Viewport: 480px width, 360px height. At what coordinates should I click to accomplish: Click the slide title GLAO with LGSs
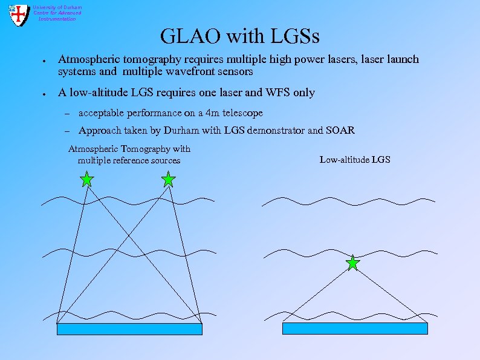[240, 36]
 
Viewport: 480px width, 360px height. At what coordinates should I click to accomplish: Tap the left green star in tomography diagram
[87, 179]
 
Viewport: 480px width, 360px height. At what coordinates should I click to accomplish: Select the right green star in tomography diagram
[169, 179]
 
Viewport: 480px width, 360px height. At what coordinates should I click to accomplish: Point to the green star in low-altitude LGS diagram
[352, 263]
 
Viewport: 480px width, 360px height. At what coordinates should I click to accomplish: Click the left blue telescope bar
[129, 329]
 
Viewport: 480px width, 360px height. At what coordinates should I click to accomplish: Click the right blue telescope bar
[355, 329]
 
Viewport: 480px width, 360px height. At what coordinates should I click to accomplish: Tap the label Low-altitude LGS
[355, 160]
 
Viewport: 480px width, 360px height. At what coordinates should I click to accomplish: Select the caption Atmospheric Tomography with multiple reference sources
[129, 154]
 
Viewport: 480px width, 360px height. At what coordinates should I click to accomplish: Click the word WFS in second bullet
[267, 93]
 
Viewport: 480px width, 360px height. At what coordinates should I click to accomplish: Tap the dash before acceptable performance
[68, 114]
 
